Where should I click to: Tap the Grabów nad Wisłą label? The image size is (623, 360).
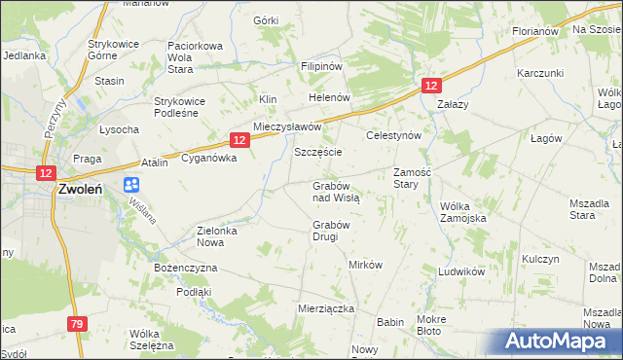[336, 191]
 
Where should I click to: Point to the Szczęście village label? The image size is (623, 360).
[317, 154]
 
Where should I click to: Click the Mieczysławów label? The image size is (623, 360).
[287, 127]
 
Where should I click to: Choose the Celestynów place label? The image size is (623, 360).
[392, 136]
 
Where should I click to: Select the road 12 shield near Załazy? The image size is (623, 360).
[430, 87]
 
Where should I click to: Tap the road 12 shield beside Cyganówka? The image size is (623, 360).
[239, 140]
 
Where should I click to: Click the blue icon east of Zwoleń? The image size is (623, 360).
[131, 185]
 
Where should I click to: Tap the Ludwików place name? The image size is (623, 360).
[461, 272]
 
